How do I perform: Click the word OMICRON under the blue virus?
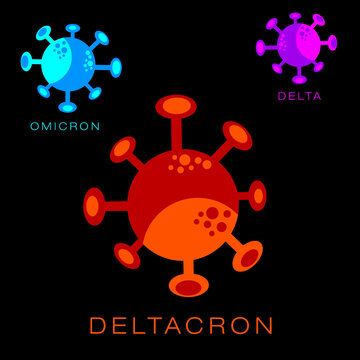point(65,127)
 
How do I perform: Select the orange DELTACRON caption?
point(181,326)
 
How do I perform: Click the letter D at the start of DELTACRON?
point(98,326)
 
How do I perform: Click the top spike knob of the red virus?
point(176,106)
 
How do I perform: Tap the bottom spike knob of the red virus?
point(188,287)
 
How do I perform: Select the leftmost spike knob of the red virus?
point(94,206)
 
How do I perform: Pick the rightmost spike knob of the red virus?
point(258,195)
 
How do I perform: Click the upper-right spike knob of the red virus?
point(238,135)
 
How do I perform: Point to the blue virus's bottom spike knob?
point(67,106)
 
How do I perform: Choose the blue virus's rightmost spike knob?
point(116,68)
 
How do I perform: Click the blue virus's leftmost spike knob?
point(26,62)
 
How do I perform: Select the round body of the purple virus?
point(299,44)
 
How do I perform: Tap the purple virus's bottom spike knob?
point(300,78)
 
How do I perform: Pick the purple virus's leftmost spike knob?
point(261,47)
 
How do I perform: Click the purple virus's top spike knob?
point(295,16)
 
